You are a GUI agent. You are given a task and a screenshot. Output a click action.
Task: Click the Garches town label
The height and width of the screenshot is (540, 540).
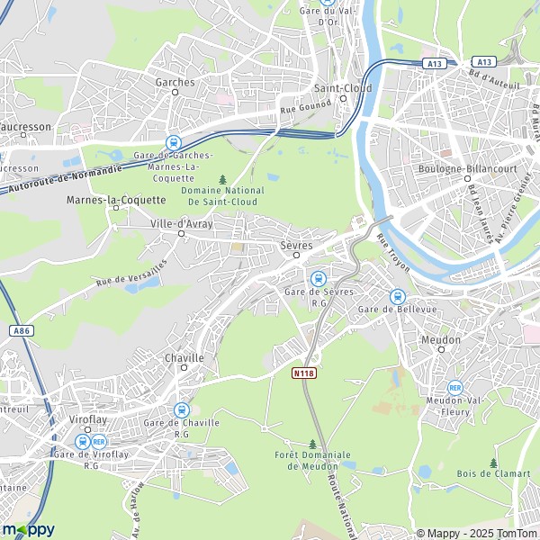175,82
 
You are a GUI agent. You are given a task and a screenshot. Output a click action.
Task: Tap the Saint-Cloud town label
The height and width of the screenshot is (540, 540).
343,88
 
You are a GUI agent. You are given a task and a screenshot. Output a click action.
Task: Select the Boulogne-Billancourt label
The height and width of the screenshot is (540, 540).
458,168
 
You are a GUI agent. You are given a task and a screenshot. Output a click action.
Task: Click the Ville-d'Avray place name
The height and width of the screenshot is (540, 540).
182,224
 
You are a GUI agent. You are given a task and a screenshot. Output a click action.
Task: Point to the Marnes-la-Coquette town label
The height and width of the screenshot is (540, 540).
105,199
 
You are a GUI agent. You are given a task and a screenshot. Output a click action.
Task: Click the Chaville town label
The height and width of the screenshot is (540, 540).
184,357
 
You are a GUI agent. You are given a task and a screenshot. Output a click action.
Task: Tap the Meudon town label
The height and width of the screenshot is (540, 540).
441,339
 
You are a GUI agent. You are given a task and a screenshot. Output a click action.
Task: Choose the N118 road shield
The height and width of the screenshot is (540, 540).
304,371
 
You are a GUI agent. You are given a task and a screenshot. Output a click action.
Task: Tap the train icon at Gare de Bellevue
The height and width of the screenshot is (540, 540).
397,296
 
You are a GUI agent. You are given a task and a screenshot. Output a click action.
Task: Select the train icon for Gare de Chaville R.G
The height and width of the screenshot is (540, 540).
181,409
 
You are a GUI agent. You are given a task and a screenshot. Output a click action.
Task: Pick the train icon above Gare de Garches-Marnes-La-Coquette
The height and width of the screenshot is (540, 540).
172,142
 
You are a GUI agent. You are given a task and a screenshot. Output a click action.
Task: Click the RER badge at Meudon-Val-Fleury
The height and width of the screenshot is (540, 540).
454,387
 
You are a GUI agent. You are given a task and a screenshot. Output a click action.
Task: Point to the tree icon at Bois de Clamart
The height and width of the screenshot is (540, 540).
493,463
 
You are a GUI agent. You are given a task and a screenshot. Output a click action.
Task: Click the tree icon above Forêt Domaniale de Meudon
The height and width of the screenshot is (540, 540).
312,444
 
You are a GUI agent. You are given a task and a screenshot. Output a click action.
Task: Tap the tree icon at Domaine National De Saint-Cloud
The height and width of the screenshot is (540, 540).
222,180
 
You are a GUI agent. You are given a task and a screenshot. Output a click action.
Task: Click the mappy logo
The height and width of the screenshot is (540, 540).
28,529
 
